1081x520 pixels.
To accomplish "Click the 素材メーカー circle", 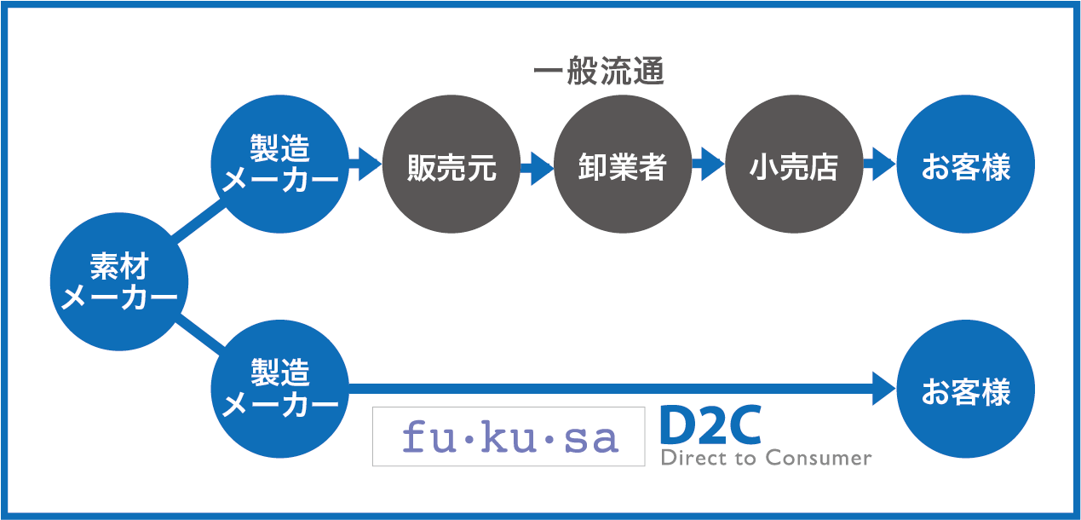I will pos(118,282).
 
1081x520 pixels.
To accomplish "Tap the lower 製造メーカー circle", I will pos(279,390).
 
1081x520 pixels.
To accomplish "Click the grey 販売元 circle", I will pos(451,167).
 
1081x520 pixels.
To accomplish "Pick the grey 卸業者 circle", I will pos(622,167).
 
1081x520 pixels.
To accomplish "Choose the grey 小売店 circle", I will pos(793,167).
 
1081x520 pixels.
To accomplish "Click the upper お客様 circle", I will pos(965,167).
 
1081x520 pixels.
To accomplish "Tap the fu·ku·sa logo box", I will pos(509,436).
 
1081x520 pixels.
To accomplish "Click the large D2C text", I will pos(710,426).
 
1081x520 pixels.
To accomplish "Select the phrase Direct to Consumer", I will pos(766,459).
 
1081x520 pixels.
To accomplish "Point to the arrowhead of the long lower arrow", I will pos(883,390).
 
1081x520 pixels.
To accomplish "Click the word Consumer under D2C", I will pos(818,459).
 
